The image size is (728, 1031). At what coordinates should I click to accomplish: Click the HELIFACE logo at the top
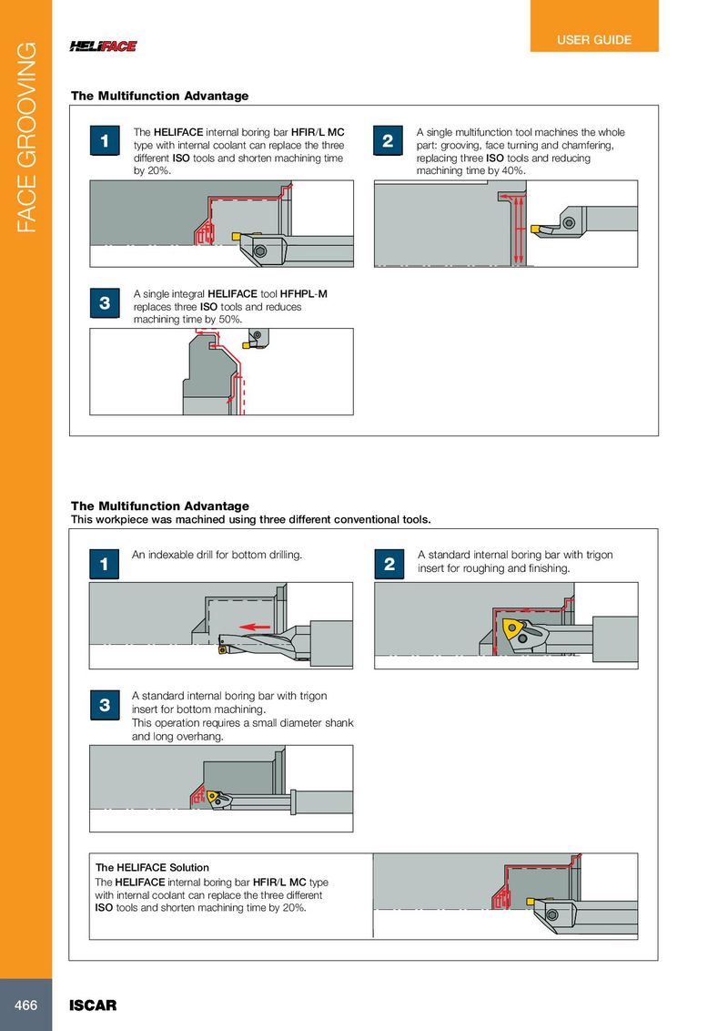[103, 46]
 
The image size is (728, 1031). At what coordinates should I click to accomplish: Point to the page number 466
[25, 1005]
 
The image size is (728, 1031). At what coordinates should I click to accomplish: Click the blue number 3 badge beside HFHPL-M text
[105, 303]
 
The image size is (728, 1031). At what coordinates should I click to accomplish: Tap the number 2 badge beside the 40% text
[389, 141]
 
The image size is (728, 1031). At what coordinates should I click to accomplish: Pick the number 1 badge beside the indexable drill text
[105, 565]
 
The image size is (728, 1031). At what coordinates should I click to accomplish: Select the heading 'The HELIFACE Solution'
[152, 867]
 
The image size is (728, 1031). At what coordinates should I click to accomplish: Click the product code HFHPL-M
[303, 294]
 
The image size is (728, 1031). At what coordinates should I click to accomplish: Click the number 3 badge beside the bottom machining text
[105, 705]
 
